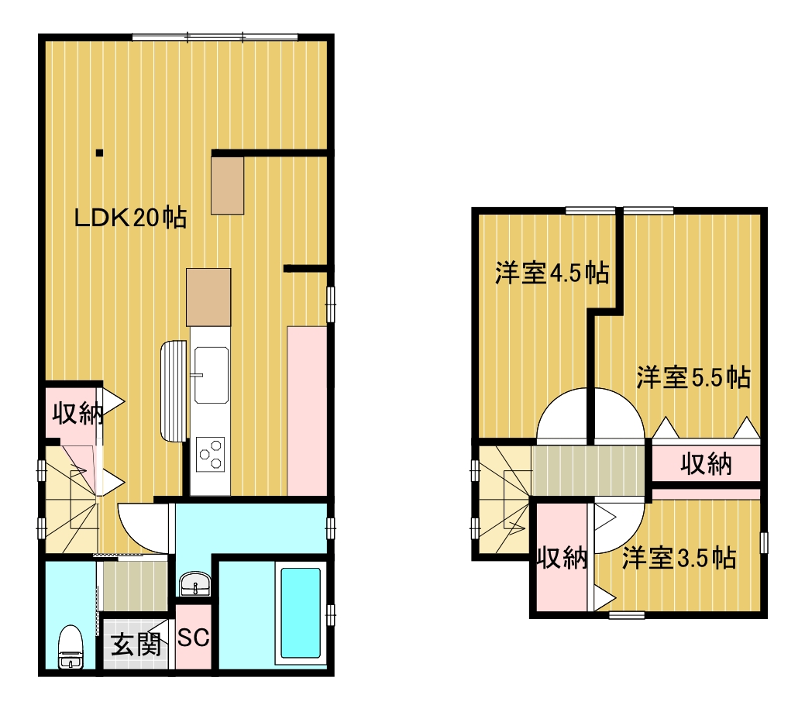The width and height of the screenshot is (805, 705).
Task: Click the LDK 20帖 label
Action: coord(130,218)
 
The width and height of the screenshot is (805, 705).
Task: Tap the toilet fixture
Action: coord(71,647)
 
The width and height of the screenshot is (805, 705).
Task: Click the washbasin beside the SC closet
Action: coord(195,584)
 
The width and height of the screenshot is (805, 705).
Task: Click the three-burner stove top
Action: coord(211,454)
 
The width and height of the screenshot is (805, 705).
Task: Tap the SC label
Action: coord(194,638)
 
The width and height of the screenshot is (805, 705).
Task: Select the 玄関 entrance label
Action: coord(136,645)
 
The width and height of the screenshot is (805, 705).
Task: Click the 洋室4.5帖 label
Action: coord(552,273)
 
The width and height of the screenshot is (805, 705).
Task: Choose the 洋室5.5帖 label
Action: coord(693,378)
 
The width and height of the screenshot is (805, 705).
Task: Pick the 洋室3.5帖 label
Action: coord(679,558)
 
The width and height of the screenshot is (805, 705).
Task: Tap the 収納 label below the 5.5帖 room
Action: coord(707,464)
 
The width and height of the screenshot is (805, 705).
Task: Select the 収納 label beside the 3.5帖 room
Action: coord(562,558)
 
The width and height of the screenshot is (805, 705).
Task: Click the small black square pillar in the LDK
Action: coord(100,153)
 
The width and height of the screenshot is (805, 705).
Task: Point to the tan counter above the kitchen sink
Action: coord(208,297)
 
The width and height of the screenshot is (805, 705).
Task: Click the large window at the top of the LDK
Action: coord(215,37)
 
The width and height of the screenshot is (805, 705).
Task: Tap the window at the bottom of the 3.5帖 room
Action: coord(626,614)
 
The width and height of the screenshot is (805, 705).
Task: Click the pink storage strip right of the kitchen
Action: coord(307,411)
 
